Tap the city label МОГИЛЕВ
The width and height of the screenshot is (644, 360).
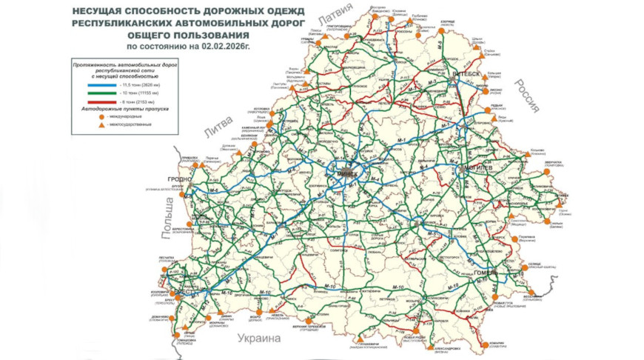pos(474,169)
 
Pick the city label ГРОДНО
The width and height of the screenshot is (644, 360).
pos(180,179)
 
